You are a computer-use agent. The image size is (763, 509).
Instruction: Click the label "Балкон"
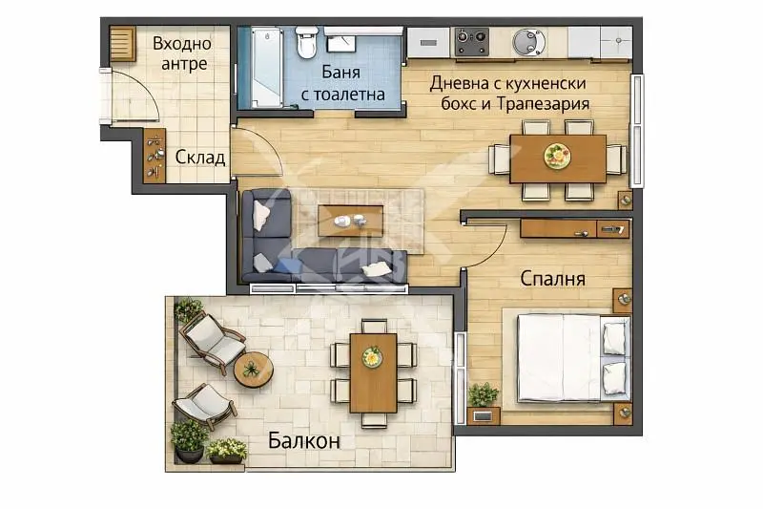303,441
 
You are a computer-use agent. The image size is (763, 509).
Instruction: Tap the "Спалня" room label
552,279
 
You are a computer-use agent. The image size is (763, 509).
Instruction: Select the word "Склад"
200,158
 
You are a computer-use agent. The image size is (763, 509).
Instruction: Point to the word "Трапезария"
541,103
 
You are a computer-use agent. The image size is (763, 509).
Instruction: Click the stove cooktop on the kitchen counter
471,42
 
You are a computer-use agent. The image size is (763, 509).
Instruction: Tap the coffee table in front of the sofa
350,221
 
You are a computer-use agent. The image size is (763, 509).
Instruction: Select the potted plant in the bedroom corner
483,395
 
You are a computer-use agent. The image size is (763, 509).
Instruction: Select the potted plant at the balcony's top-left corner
188,309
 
